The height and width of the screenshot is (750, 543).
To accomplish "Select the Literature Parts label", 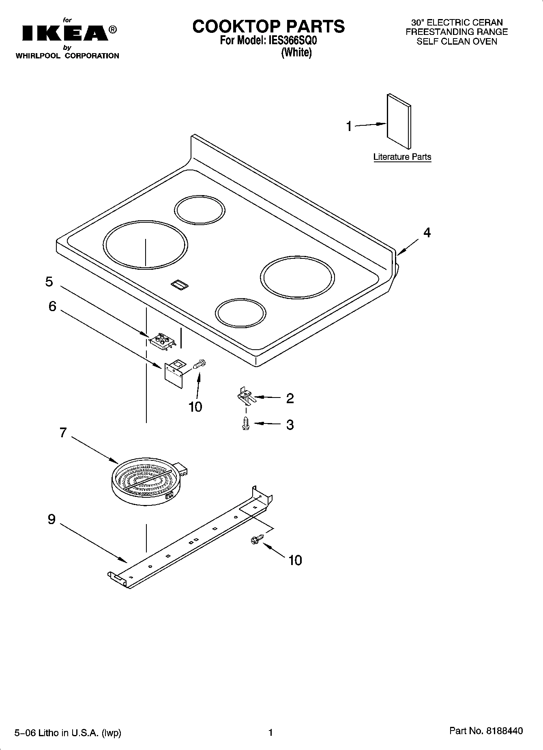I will pos(402,157).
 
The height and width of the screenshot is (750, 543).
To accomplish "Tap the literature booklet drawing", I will pos(399,121).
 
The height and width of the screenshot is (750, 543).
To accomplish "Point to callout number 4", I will pos(427,232).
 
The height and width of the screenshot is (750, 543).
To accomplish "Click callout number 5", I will pos(49,282).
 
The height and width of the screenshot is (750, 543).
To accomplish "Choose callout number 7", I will pos(63,433).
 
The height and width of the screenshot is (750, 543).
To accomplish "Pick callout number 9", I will pos(52,519).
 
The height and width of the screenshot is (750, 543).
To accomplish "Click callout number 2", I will pos(290,398).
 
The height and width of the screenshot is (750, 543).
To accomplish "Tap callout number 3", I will pos(290,425).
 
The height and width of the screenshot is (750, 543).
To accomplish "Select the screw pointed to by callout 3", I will pos(245,423).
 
